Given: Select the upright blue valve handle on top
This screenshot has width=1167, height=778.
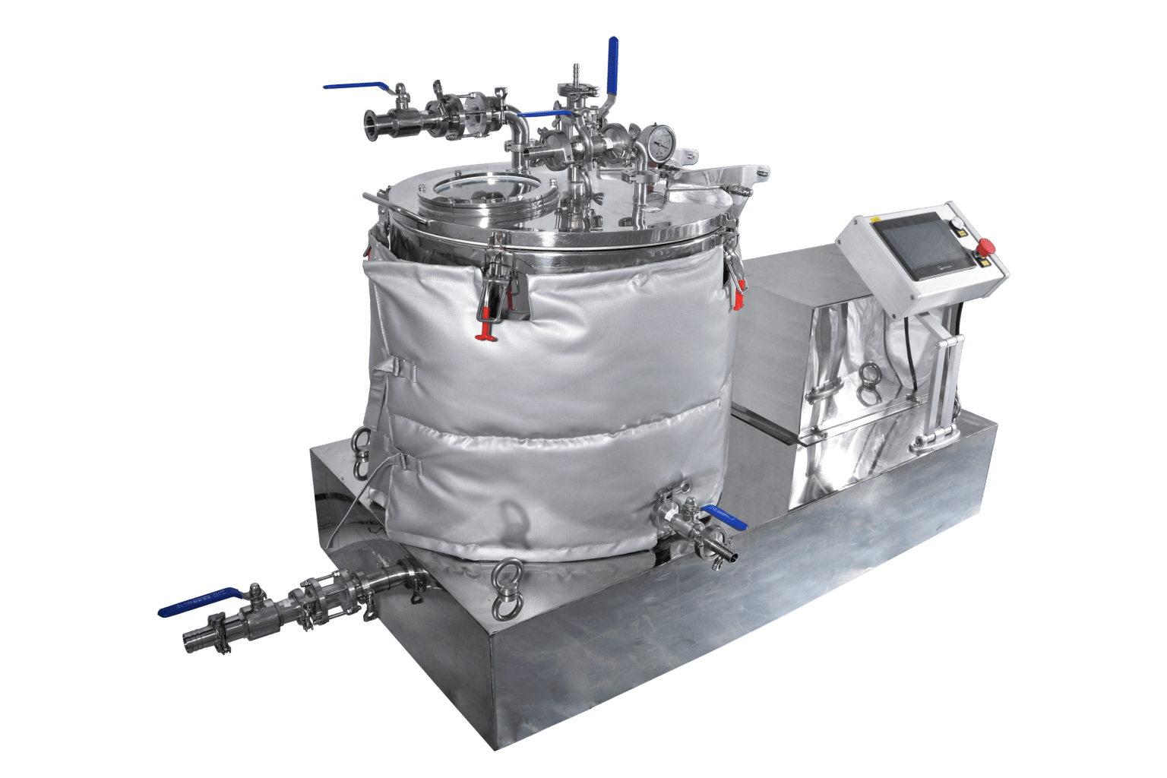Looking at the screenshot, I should tap(612, 65).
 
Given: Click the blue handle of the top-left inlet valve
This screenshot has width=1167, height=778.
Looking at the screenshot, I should tap(356, 86).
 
